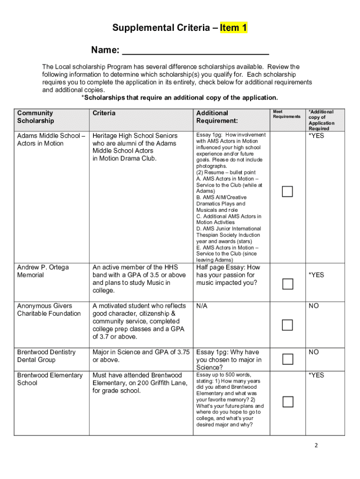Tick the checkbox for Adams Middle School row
coord(287,191)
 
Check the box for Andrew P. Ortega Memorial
coord(287,284)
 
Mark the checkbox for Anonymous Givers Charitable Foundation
coord(287,325)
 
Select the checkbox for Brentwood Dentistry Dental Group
coord(287,359)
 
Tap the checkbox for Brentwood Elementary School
coord(287,402)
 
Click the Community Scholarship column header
coord(36,117)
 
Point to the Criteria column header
coord(104,113)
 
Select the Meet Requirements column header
coord(287,114)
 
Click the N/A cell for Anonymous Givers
coord(202,306)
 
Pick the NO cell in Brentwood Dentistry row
coord(314,352)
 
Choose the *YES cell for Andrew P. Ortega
coord(316,275)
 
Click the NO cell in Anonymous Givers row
coord(314,306)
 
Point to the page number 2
coord(316,445)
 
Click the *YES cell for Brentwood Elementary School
coord(316,375)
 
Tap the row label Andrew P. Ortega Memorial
coord(43,271)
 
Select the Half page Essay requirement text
coord(228,275)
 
